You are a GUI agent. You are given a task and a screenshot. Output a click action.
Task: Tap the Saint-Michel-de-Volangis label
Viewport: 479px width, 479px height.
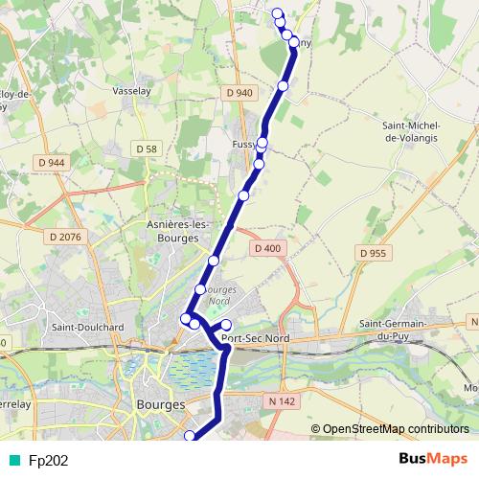410,131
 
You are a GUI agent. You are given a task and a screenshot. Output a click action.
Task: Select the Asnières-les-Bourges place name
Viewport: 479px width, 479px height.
178,231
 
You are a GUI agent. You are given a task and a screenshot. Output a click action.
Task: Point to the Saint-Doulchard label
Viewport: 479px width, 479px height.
89,327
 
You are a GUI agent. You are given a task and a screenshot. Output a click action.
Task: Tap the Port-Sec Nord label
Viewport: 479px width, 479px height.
256,337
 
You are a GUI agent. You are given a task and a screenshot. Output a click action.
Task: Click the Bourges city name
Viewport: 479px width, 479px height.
161,405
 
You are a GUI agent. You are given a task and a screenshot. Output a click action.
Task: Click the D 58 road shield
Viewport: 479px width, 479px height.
146,148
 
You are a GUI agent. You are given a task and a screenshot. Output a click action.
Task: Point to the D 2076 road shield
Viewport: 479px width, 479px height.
64,235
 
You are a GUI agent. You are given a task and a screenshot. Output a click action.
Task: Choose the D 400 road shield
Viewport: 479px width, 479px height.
268,248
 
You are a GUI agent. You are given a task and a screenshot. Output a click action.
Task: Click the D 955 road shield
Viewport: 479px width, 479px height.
374,253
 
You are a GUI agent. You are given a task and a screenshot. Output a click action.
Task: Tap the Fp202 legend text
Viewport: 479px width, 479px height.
48,460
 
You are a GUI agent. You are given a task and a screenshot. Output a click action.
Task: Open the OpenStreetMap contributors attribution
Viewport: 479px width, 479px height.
395,429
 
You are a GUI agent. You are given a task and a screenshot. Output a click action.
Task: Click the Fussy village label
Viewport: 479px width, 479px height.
243,144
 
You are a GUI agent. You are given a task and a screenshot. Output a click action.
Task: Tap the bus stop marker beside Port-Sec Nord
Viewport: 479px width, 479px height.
226,325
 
